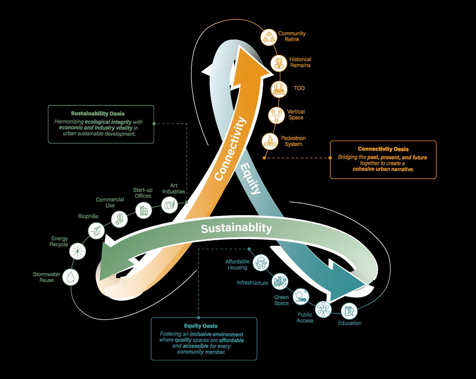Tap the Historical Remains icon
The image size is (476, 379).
tap(279, 63)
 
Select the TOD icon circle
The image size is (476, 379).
tap(279, 89)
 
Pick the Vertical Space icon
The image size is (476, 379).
tap(276, 115)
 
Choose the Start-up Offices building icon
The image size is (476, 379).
tap(144, 211)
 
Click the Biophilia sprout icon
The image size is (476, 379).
tap(96, 231)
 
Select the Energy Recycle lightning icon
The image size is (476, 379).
tap(78, 251)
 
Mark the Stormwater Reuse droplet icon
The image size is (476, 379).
tap(70, 277)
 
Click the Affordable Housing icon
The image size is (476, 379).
tap(261, 263)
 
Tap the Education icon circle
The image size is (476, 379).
tap(349, 311)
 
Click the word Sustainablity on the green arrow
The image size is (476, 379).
tap(236, 228)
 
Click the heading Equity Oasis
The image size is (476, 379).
tap(201, 326)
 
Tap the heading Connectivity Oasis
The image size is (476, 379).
tap(383, 149)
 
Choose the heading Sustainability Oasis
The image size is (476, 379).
tap(98, 113)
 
